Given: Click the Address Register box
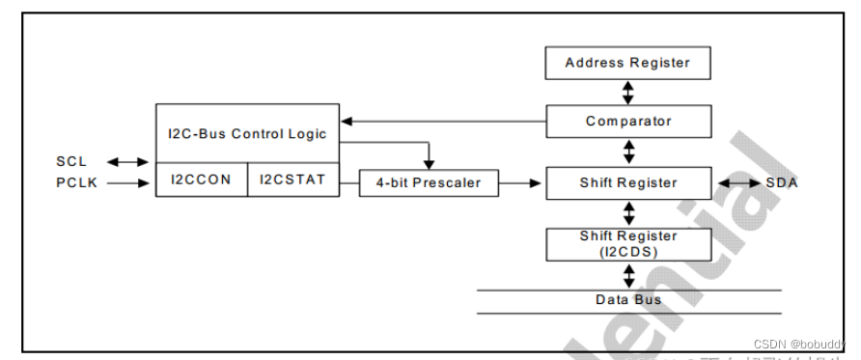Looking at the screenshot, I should click(x=627, y=64).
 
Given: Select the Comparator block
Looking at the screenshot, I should click(x=627, y=122).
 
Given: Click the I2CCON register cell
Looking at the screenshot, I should click(x=201, y=180).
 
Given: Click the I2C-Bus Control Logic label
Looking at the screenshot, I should click(x=247, y=133).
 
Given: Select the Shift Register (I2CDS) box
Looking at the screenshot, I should click(x=627, y=243).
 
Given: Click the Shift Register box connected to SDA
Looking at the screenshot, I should click(x=627, y=182).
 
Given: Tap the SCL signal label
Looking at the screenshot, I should click(x=71, y=161).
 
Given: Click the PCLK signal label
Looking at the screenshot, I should click(x=76, y=180).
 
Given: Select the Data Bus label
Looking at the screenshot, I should click(x=627, y=300).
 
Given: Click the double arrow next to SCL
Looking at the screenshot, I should click(x=124, y=161).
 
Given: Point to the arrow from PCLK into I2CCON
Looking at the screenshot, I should click(x=131, y=180).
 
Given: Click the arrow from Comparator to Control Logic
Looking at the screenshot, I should click(x=443, y=122).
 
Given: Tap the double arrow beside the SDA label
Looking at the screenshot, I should click(x=736, y=182).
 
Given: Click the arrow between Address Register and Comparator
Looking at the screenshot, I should click(x=628, y=93).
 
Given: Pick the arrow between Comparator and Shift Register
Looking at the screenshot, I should click(x=628, y=152).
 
